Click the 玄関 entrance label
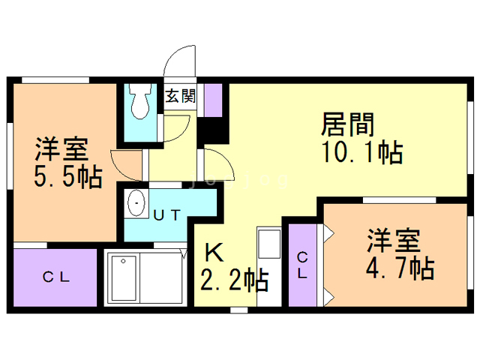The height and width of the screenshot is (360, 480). (x=181, y=96)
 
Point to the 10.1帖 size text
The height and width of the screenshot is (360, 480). (x=363, y=152)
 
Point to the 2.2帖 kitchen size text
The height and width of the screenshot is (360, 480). (x=234, y=280)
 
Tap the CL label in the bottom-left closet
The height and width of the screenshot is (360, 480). (x=56, y=277)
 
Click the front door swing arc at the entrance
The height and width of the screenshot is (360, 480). (x=180, y=60)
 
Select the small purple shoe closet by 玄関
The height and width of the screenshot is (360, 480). (x=214, y=99)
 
